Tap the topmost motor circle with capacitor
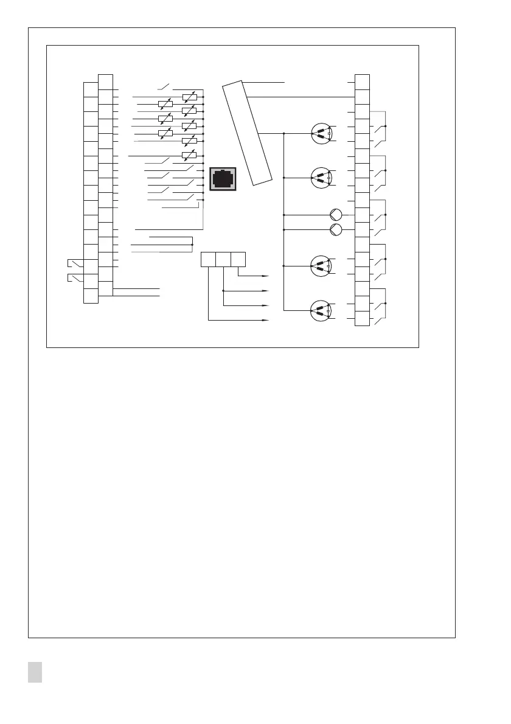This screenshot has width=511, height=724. (x=321, y=133)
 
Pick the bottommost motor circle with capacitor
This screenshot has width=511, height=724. (x=321, y=310)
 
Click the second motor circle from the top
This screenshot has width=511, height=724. (x=321, y=178)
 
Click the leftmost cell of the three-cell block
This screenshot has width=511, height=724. (x=208, y=259)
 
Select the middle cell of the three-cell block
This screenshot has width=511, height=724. (x=223, y=259)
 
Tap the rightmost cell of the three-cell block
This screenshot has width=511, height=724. (x=238, y=259)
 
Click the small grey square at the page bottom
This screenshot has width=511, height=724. (x=35, y=673)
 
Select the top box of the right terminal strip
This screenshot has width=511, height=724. (x=362, y=82)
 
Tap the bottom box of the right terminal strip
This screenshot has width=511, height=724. (x=362, y=318)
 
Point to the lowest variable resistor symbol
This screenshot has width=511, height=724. (x=189, y=156)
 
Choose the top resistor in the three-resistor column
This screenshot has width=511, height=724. (x=165, y=104)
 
